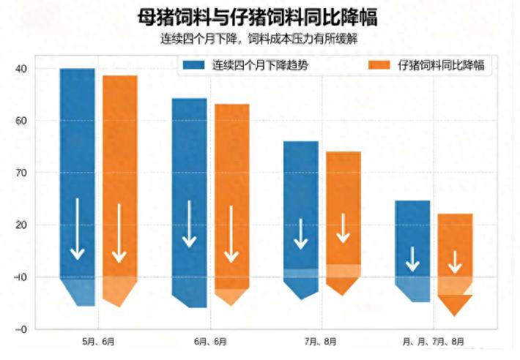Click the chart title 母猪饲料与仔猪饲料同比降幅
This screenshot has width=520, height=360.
point(257,18)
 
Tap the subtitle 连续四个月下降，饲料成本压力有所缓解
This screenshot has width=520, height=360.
point(259,39)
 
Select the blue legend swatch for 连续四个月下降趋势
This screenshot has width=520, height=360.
point(193,65)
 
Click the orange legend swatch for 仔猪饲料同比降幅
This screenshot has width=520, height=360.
point(379,65)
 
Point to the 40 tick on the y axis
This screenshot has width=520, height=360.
point(21,69)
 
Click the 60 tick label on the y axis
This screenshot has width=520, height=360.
point(21,121)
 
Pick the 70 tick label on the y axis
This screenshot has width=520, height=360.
point(21,173)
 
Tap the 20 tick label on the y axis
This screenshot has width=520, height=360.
point(21,225)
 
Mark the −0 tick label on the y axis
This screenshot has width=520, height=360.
point(21,329)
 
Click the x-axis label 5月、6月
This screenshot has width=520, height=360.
point(98,342)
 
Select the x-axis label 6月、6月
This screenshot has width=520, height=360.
point(210,342)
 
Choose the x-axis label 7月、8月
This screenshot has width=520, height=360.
point(320,342)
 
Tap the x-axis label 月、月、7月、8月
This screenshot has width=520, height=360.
point(434,342)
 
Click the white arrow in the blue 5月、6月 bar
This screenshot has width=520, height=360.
point(78,229)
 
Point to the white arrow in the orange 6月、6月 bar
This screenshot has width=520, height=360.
point(231,234)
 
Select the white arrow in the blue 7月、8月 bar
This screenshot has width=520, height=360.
point(301,234)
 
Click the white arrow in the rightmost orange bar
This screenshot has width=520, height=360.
point(455,262)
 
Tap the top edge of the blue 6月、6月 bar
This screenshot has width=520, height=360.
point(190,99)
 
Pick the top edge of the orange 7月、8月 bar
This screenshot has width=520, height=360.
point(343,152)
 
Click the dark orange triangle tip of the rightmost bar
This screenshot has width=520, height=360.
point(455,315)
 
